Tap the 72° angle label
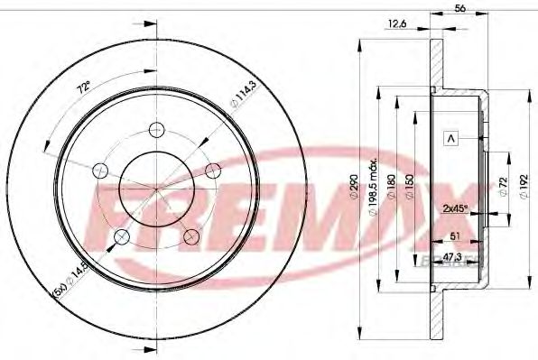[x=84, y=88]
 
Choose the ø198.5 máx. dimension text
[x=378, y=197]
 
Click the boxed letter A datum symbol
[x=449, y=138]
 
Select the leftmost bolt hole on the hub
[x=100, y=170]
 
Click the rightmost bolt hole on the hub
[x=213, y=170]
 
